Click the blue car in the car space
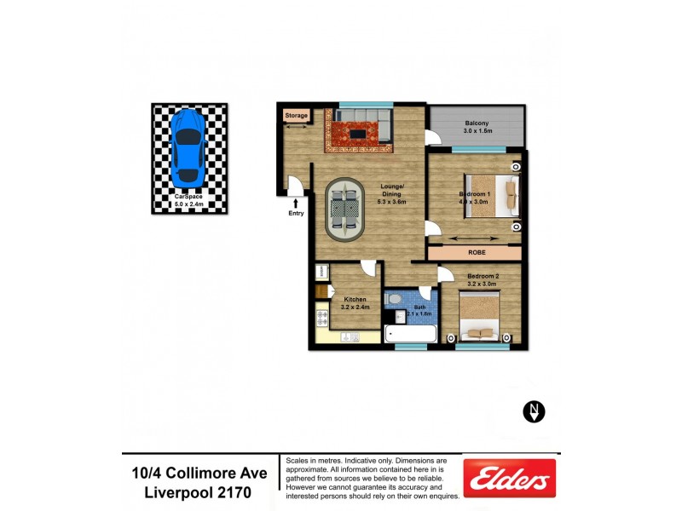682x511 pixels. pos(187,147)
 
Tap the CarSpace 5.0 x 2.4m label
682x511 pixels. pos(189,201)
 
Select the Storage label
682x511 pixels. pos(296,116)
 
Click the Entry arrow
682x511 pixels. pos(296,202)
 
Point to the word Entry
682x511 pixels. pos(296,214)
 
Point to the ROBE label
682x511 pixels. pos(477,253)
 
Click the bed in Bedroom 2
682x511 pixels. pos(483,317)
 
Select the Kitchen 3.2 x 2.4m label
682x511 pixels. pos(356,303)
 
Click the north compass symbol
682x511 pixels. pos(534,412)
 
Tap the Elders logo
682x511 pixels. pos(509,478)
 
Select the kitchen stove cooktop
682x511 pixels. pos(322,319)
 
